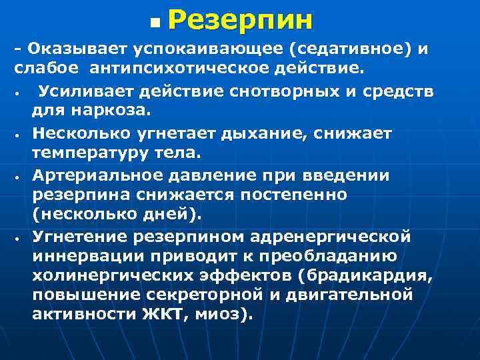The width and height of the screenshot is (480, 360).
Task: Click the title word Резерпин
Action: click(x=240, y=21)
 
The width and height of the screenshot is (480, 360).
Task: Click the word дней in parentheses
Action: click(x=171, y=215)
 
